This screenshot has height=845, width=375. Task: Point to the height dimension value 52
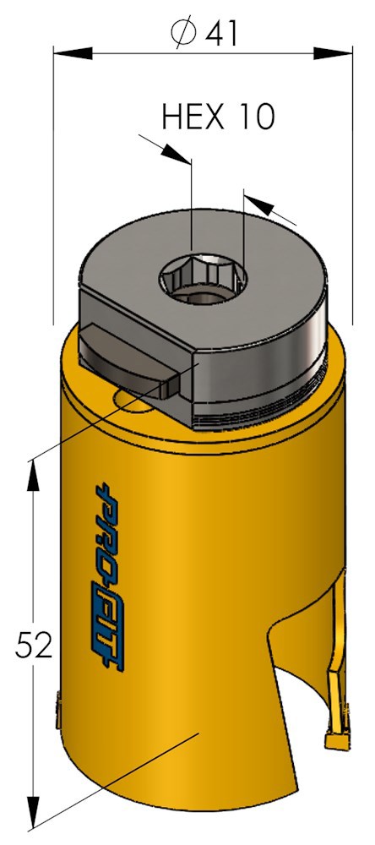coord(35,646)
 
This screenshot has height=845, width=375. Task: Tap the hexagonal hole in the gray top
coord(202,279)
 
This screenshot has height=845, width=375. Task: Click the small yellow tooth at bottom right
coord(337,739)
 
